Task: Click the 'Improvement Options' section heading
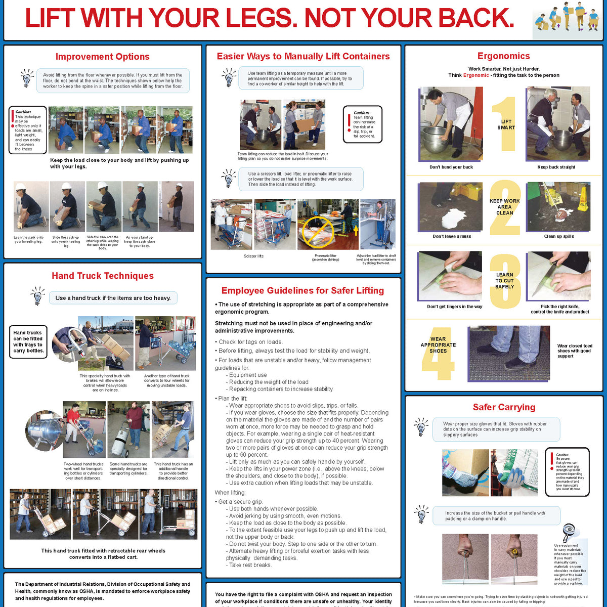102,57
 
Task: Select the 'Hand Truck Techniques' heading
103,276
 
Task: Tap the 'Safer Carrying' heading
503,407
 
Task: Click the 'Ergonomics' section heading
503,56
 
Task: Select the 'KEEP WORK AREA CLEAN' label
504,207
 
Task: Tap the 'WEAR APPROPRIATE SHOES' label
438,345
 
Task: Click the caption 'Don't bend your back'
451,167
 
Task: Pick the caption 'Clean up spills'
558,236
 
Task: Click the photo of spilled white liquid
450,206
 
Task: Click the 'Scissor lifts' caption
253,256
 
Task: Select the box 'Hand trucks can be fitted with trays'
28,342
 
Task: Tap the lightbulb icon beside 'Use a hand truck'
37,296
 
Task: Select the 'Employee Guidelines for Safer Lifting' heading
302,290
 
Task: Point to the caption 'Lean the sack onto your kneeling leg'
29,239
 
